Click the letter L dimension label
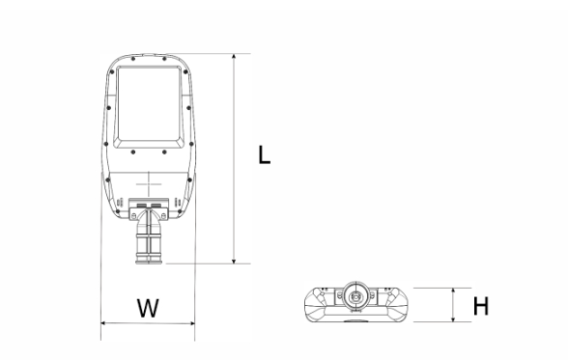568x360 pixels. click(265, 154)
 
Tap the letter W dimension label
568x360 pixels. click(148, 308)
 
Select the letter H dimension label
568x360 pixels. click(481, 306)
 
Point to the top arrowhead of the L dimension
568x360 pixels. click(234, 57)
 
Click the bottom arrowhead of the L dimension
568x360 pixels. click(234, 261)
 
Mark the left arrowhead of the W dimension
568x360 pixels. click(104, 323)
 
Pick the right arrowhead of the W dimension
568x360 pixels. click(191, 323)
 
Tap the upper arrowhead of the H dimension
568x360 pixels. click(453, 291)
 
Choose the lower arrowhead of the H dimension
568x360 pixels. click(453, 318)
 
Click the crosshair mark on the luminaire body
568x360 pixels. click(149, 184)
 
